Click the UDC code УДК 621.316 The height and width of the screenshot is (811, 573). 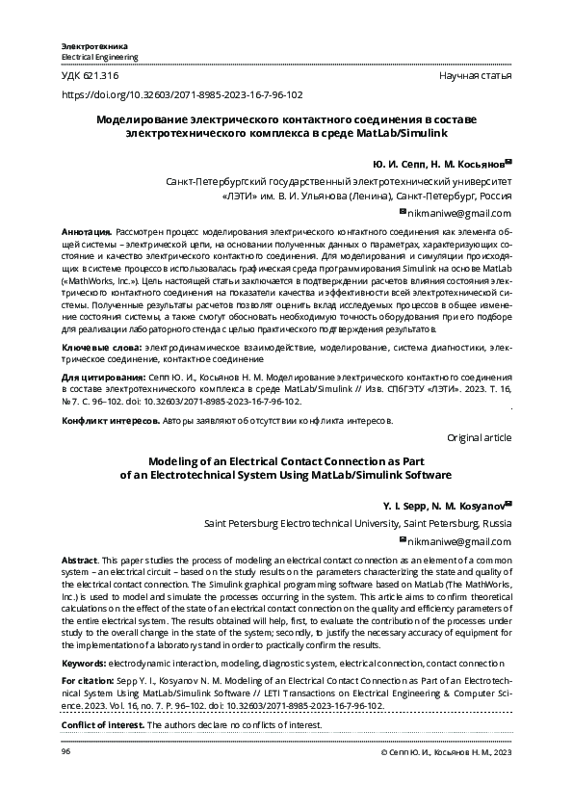90,75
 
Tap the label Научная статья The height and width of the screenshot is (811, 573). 475,75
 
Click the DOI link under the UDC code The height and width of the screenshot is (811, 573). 182,95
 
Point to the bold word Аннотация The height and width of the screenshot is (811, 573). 85,233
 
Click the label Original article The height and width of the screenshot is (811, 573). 480,437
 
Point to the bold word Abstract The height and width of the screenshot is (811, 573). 79,560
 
